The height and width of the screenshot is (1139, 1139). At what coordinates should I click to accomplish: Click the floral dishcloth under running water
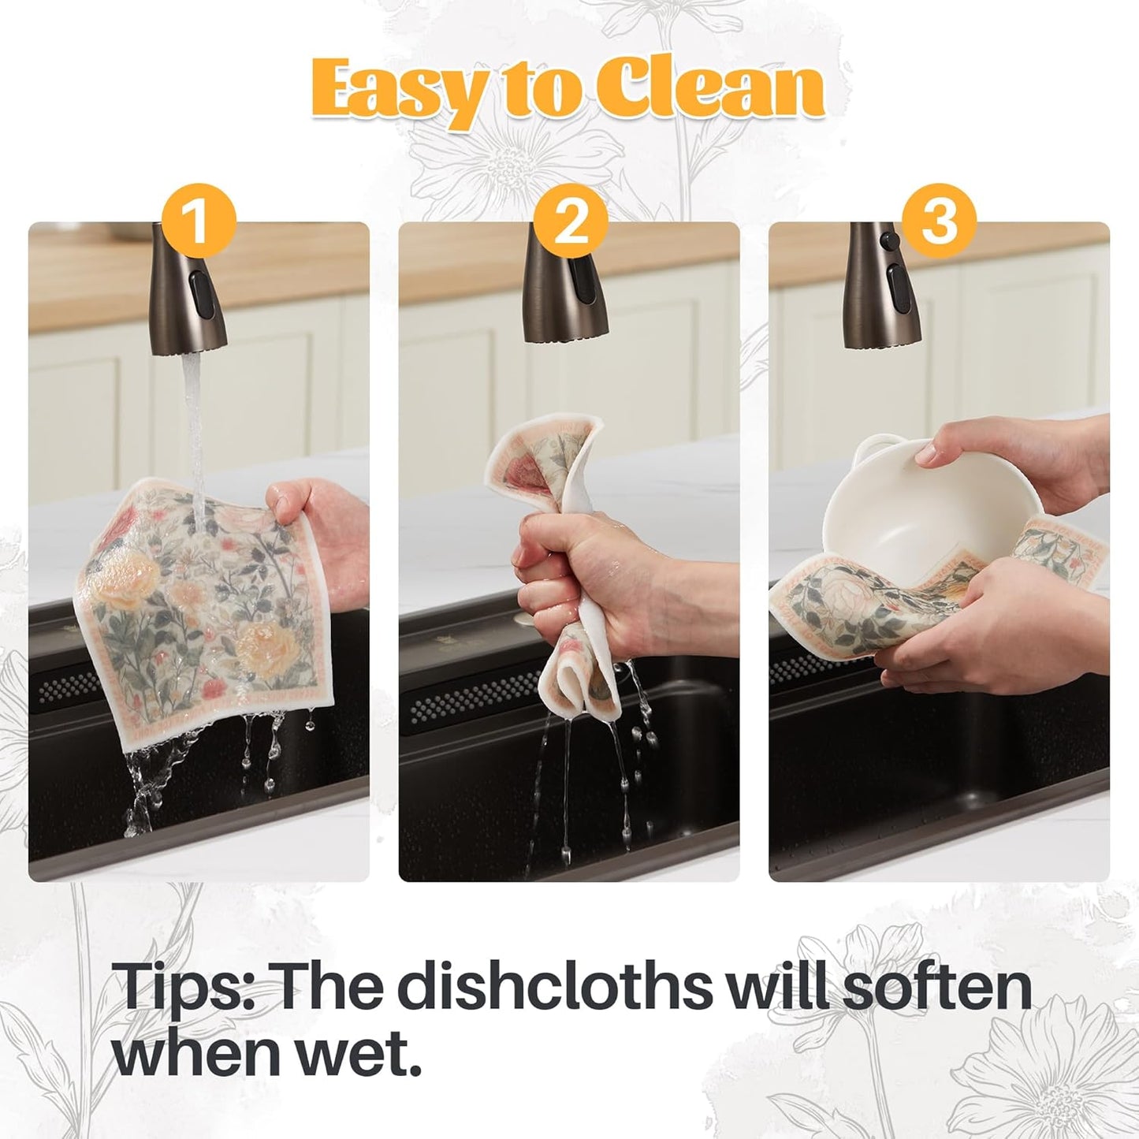click(x=201, y=599)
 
